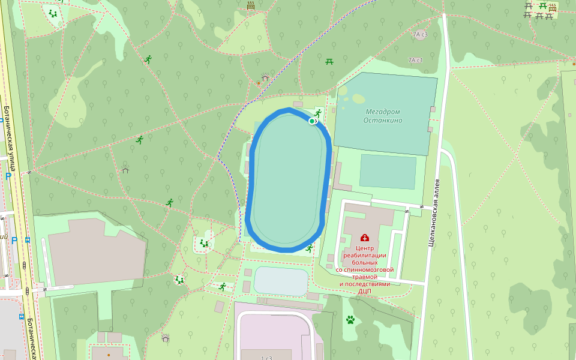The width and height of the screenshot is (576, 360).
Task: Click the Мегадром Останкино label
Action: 384,116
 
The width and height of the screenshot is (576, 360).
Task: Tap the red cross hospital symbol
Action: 365,238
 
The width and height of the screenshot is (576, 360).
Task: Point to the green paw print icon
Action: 350,320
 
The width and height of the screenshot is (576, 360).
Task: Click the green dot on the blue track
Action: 312,121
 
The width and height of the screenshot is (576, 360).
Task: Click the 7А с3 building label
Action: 419,35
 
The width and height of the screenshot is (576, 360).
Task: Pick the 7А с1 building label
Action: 415,61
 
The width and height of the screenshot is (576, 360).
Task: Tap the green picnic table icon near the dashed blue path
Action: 329,61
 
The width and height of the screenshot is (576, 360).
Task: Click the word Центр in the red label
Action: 365,248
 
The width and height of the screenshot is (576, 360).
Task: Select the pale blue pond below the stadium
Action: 281,281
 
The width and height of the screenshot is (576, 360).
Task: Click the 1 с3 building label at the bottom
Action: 266,358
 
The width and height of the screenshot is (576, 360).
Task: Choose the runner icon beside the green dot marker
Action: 318,113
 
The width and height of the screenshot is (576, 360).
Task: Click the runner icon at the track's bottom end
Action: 309,248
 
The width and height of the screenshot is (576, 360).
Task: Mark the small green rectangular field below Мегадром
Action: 388,171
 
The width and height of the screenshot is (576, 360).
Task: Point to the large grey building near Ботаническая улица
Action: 96,251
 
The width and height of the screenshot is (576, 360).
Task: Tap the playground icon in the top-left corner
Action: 53,13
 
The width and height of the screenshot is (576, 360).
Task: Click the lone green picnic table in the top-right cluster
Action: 542,6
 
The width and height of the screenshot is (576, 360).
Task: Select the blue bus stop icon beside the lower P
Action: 28,239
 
